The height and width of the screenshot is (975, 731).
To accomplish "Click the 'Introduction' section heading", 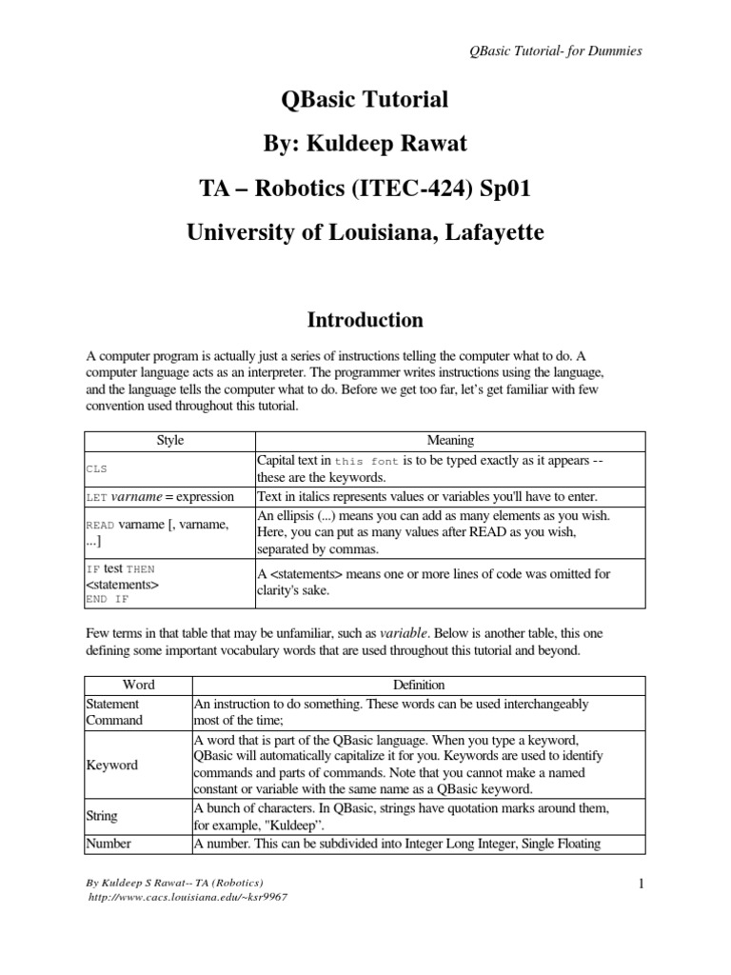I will [365, 319].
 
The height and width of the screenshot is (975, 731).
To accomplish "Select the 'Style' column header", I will [169, 440].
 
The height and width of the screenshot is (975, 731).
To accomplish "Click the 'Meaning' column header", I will [450, 440].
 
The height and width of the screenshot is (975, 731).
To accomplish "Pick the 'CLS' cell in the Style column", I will [97, 469].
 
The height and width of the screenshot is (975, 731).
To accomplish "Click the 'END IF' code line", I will [109, 599].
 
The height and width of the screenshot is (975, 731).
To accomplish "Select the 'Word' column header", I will [138, 685].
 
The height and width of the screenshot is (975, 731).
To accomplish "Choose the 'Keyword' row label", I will [112, 765].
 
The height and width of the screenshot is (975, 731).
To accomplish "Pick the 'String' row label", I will [104, 815].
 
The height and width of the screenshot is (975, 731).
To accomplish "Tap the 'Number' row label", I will [109, 843].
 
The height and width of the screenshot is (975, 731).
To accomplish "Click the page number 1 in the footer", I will [642, 885].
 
